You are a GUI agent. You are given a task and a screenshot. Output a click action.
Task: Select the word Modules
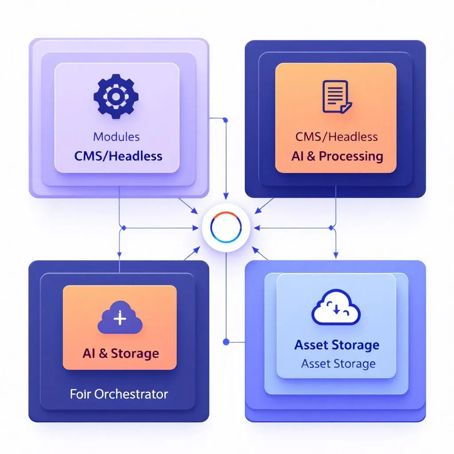tap(116, 136)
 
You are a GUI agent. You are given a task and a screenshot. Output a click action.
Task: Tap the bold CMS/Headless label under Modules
tap(118, 156)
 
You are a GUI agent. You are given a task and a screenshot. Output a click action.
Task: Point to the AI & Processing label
tap(337, 156)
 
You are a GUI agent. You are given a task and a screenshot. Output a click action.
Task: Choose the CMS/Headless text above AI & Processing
tap(337, 136)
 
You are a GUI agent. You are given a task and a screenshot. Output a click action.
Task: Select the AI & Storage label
tap(121, 353)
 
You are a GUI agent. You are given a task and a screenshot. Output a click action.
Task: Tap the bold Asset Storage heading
tap(337, 345)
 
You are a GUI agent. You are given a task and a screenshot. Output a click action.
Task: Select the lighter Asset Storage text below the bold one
tap(338, 364)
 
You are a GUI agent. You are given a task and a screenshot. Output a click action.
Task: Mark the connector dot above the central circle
tap(226, 120)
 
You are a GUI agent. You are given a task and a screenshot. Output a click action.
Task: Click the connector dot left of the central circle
tap(124, 228)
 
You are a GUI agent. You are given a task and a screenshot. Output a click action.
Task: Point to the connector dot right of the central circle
tap(331, 227)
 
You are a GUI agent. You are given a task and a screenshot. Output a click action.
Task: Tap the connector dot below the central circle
tap(226, 342)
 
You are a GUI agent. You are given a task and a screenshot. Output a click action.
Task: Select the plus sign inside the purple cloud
tap(120, 318)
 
